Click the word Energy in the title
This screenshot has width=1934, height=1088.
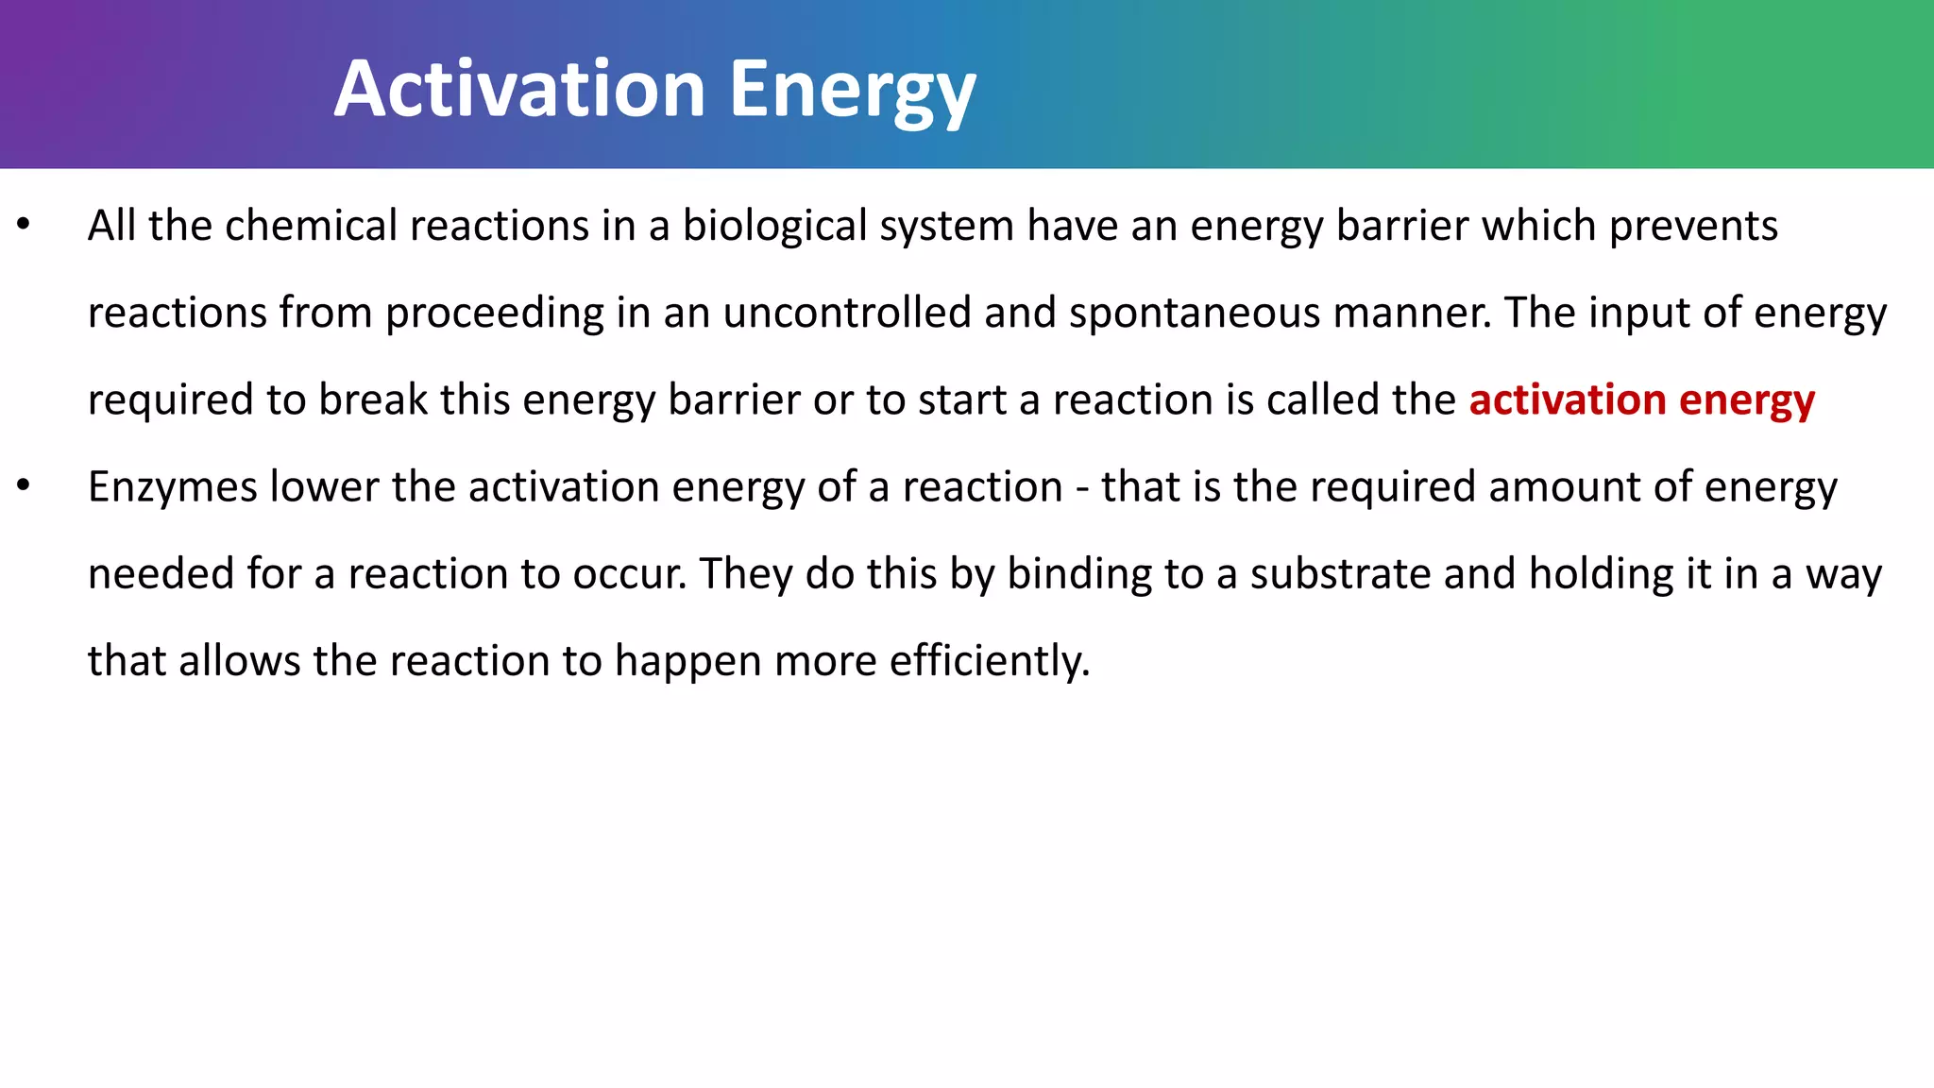[x=852, y=93]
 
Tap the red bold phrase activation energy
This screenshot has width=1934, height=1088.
[x=1641, y=400]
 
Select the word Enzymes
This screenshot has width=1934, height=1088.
[x=172, y=488]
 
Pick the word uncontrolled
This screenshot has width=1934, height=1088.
[x=846, y=314]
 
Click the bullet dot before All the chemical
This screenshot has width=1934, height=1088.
[x=25, y=226]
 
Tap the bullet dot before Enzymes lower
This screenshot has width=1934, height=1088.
[x=25, y=486]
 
